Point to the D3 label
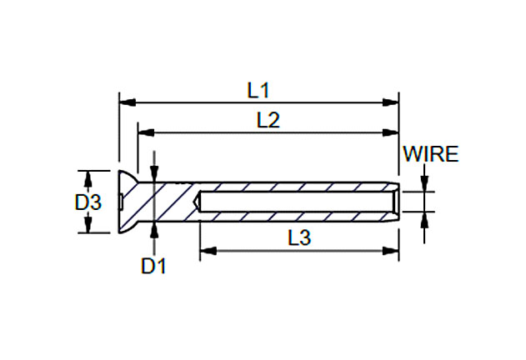pos(88,202)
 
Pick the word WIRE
pos(430,154)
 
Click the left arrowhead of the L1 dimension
pos(126,103)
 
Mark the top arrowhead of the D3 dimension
pos(88,176)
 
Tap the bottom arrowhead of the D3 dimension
pos(88,227)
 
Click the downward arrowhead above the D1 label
pos(154,176)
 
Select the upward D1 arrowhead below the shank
pos(154,228)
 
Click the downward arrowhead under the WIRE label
pos(424,185)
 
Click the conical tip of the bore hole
pos(198,202)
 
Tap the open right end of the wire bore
pos(397,202)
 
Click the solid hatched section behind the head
pos(171,202)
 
